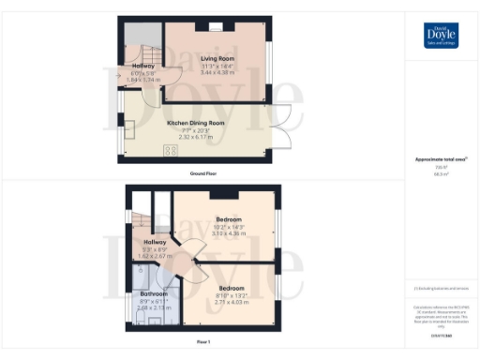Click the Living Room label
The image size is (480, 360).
(217, 58)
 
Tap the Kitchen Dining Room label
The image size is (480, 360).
(196, 123)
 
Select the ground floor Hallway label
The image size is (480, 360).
(142, 66)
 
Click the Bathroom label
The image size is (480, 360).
(147, 293)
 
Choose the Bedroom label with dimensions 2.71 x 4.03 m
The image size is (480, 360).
(231, 288)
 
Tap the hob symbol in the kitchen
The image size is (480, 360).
(172, 149)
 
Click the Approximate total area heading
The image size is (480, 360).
(440, 160)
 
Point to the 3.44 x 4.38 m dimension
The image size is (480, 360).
(217, 72)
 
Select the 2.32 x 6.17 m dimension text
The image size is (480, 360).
(196, 137)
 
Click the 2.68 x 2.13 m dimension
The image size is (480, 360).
(148, 308)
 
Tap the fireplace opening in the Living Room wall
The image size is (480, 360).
(217, 28)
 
